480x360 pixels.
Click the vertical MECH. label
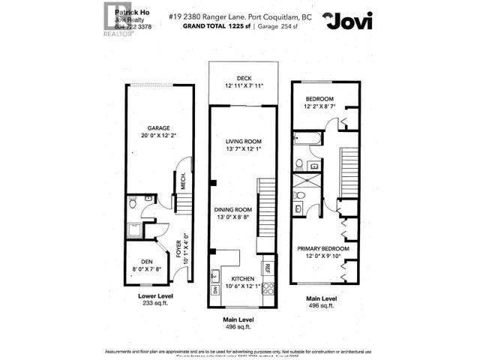coord(182,181)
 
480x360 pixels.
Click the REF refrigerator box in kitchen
coord(267,268)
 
